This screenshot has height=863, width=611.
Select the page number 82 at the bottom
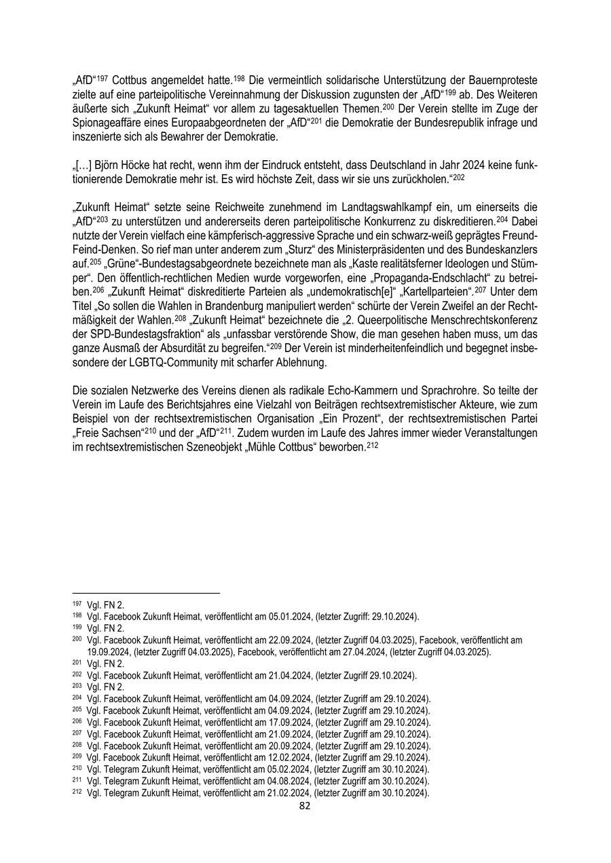[305, 806]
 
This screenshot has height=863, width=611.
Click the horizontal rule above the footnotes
[146, 593]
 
